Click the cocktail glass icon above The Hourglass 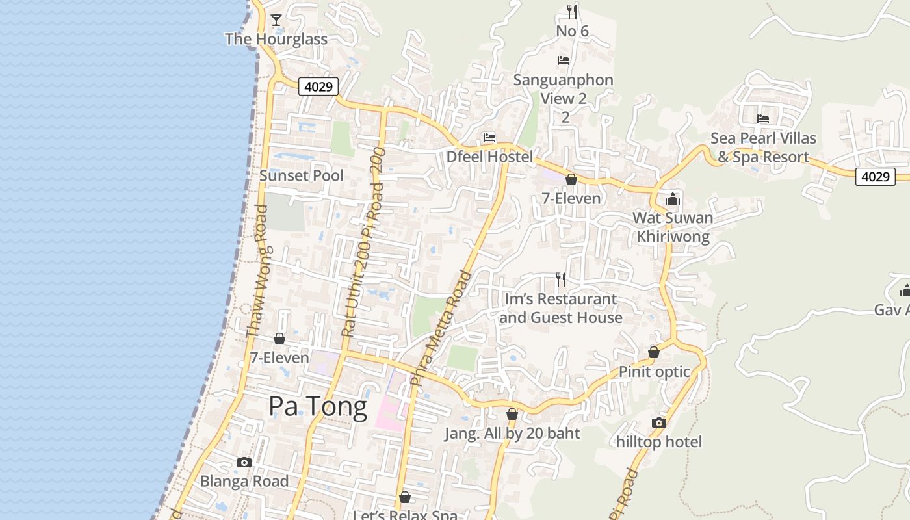tap(276, 20)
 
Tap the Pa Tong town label tap(318, 407)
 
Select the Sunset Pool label tap(302, 175)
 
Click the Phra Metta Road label tap(441, 329)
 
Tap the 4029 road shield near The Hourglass tap(318, 86)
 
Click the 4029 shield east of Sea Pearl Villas tap(875, 176)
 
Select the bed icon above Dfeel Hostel tap(489, 138)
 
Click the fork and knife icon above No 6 tap(572, 11)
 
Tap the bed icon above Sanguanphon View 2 tap(564, 60)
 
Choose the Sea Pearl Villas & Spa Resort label tap(763, 148)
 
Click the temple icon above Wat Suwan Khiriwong tap(673, 199)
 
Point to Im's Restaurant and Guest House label tap(560, 309)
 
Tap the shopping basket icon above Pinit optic tap(654, 352)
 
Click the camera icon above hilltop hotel tap(659, 423)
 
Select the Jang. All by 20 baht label tap(512, 434)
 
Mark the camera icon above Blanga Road tap(244, 463)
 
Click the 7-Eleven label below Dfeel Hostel tap(571, 198)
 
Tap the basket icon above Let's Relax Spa tap(405, 497)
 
